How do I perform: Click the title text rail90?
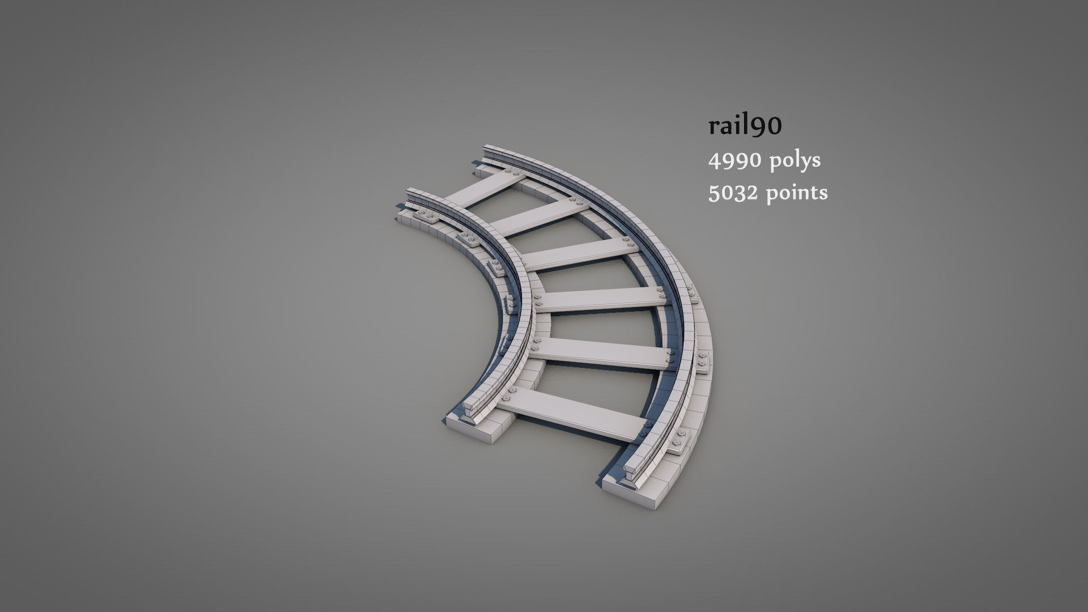[745, 126]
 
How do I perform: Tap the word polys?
[795, 161]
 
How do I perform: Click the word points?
[797, 193]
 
